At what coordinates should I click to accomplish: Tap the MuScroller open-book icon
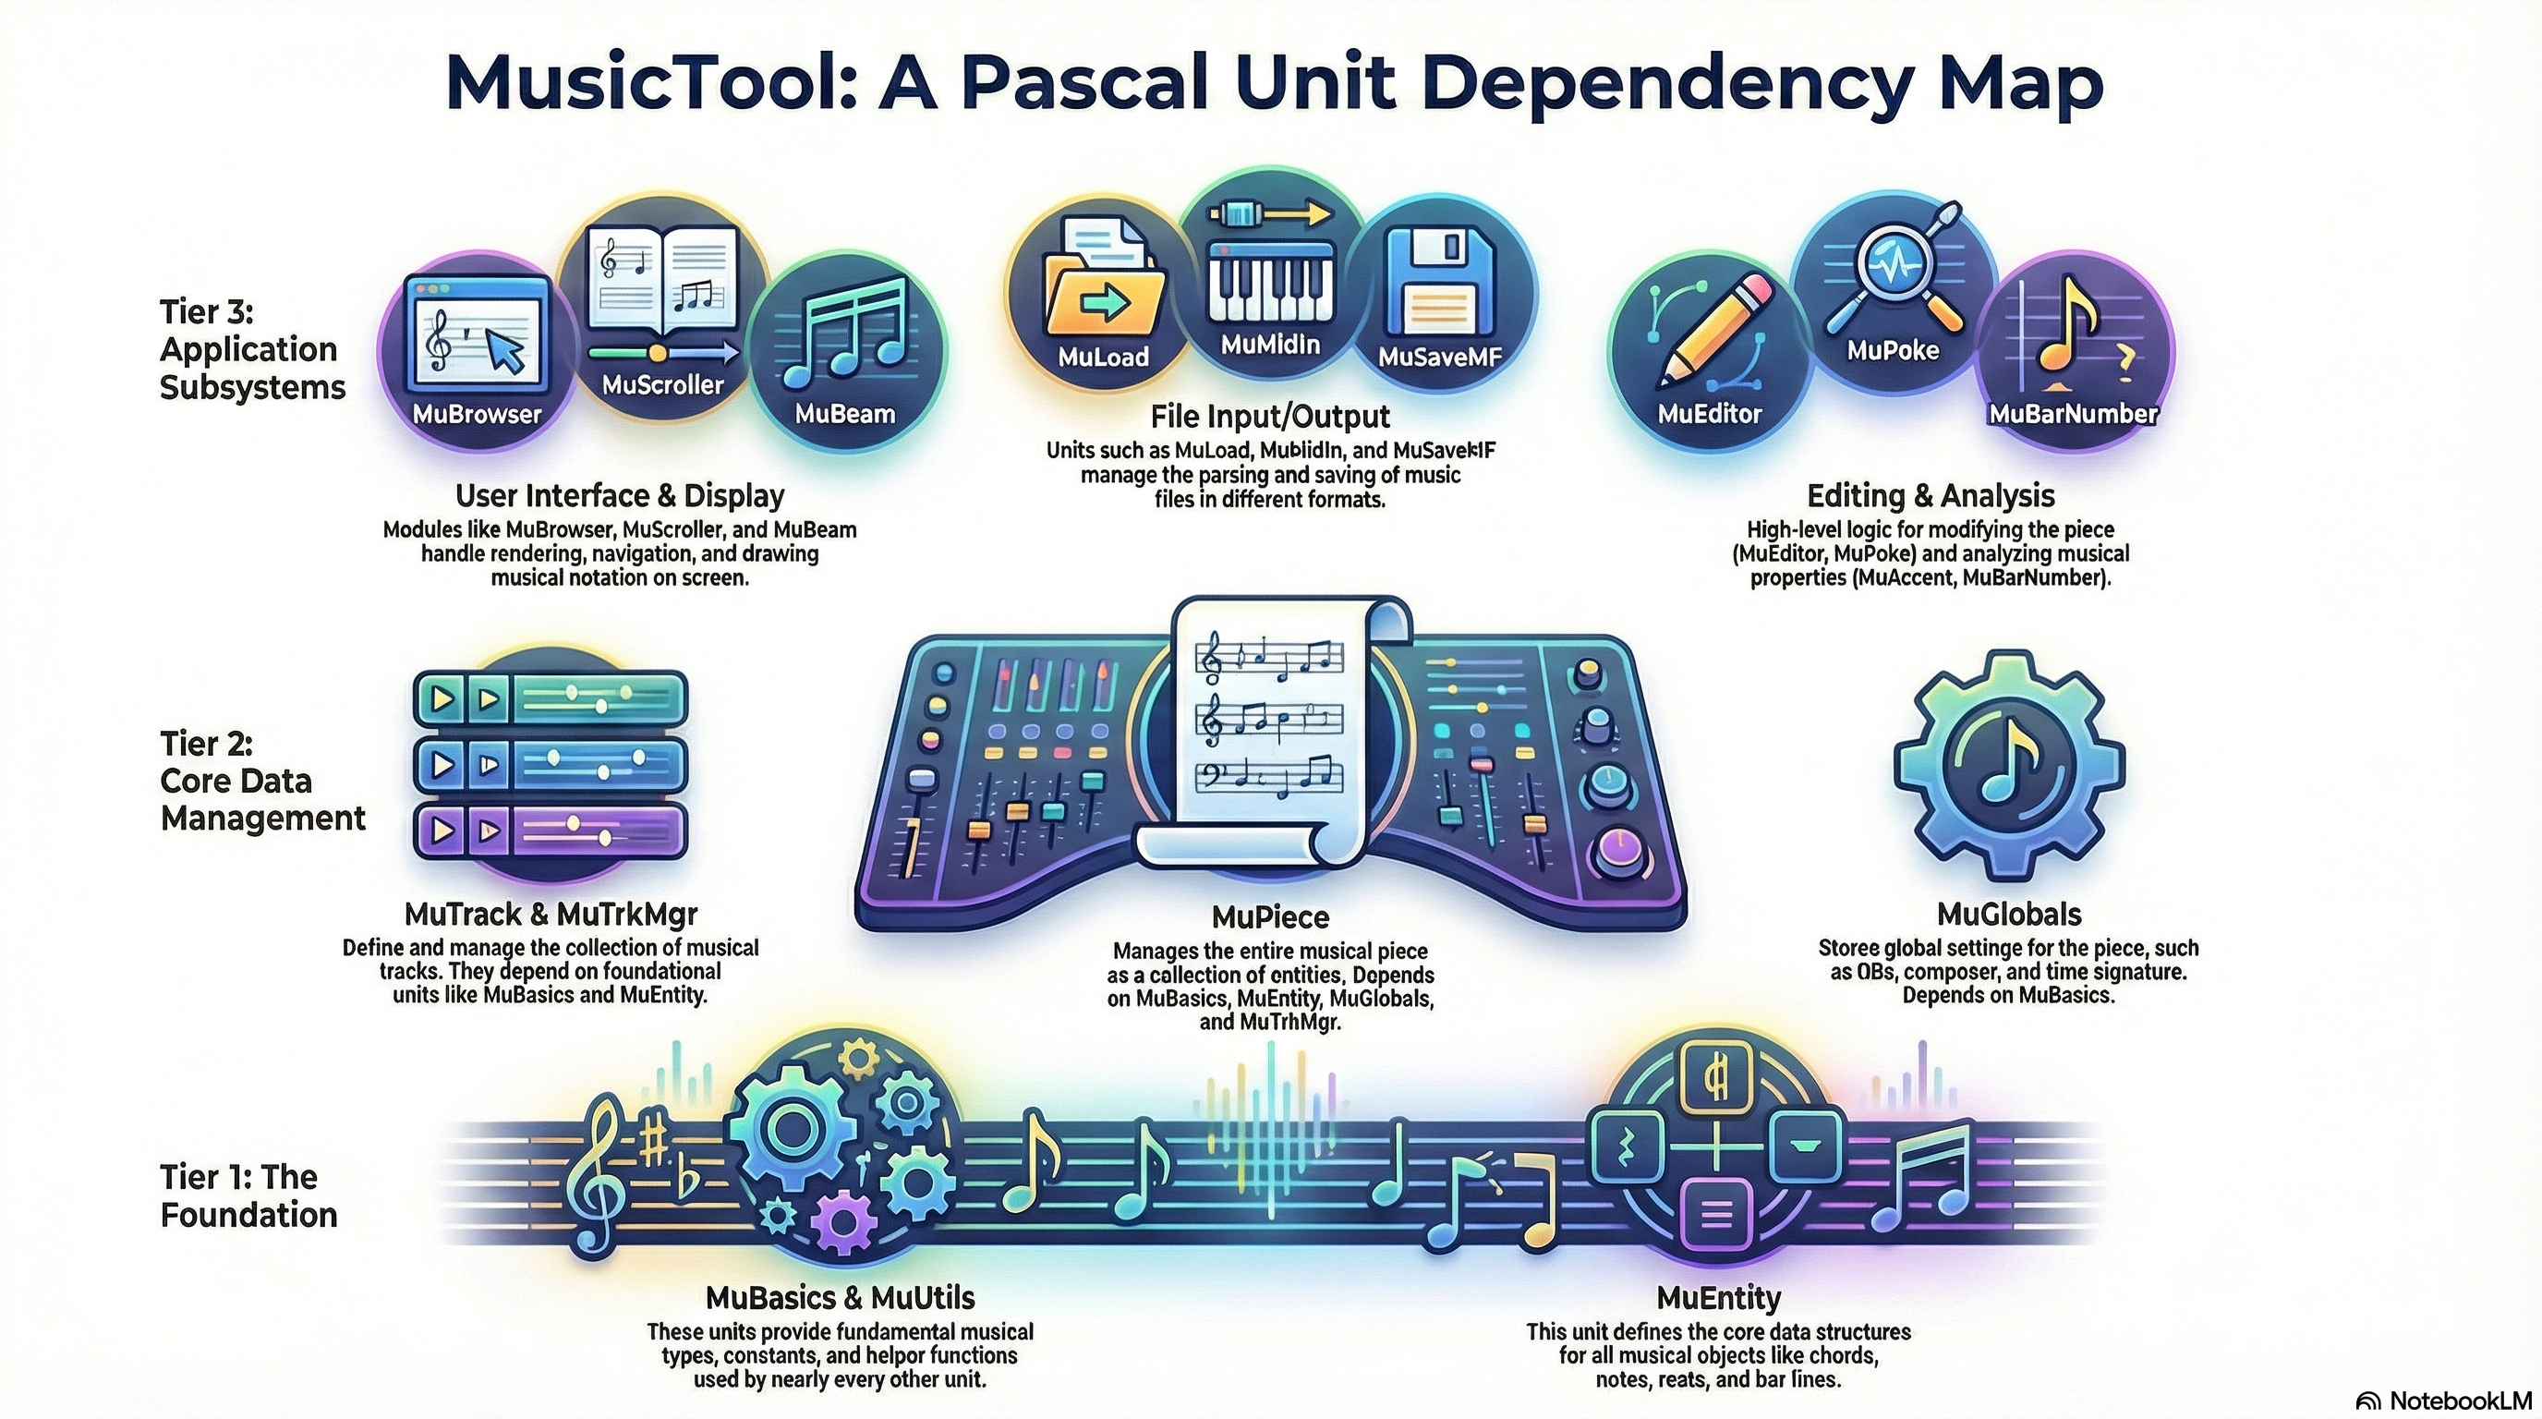click(663, 281)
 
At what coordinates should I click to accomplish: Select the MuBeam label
click(844, 414)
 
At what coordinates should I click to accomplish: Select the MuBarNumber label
click(2072, 414)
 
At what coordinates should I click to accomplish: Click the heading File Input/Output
click(1270, 416)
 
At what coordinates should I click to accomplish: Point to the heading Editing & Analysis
click(1931, 495)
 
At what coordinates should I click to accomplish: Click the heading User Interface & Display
click(620, 495)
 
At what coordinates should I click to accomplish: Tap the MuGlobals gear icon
click(2008, 765)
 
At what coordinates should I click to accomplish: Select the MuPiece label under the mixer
click(1270, 917)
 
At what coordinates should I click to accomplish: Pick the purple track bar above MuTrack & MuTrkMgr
click(550, 830)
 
